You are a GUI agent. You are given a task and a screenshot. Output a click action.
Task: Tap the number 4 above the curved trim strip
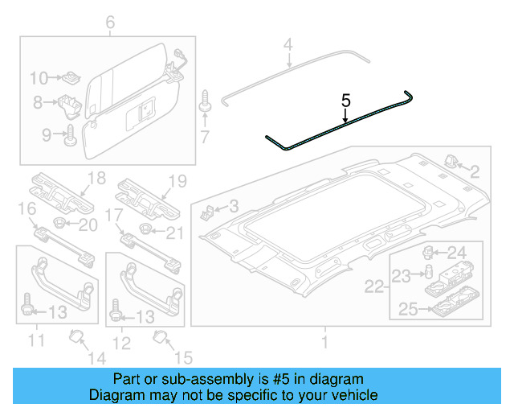pyautogui.click(x=288, y=43)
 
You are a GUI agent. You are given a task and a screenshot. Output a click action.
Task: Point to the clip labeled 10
pyautogui.click(x=71, y=78)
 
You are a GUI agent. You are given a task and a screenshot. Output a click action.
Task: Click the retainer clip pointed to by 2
pyautogui.click(x=450, y=162)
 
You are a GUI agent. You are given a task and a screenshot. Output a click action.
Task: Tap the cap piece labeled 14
pyautogui.click(x=77, y=335)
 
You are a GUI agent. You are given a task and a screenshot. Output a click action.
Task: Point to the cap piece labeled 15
pyautogui.click(x=158, y=335)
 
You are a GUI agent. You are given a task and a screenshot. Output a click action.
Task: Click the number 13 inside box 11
pyautogui.click(x=59, y=311)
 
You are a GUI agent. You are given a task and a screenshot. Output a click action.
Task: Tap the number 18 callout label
pyautogui.click(x=96, y=178)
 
